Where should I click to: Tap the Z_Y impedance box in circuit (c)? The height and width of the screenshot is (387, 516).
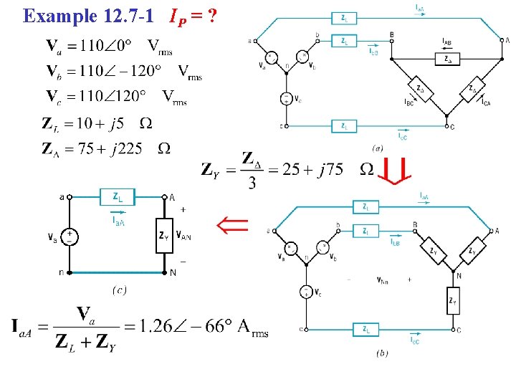click(164, 234)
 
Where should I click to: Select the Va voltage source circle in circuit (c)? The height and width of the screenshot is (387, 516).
click(70, 234)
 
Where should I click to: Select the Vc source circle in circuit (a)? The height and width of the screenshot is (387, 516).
click(285, 99)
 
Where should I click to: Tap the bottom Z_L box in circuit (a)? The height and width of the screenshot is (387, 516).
click(345, 126)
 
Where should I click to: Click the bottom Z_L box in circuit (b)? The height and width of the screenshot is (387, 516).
click(366, 329)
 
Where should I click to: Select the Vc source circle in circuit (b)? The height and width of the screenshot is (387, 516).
click(306, 292)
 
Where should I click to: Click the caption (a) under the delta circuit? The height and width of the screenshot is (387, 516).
click(376, 147)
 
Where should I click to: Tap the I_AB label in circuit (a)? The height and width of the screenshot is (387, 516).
click(446, 42)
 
